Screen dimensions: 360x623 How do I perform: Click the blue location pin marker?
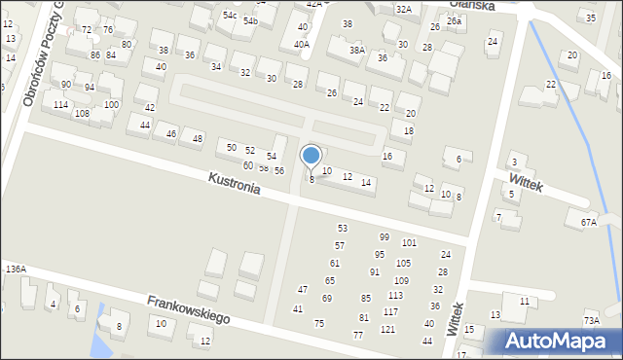click(x=311, y=156)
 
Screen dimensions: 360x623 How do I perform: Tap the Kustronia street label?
click(x=234, y=183)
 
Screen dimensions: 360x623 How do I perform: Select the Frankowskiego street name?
click(x=188, y=309)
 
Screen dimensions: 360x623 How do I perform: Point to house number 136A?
click(x=15, y=269)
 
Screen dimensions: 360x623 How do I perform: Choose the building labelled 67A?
click(x=588, y=222)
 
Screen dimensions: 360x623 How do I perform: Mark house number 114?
click(x=60, y=104)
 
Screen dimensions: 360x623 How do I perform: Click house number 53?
click(x=342, y=228)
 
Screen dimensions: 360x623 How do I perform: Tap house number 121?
click(x=387, y=330)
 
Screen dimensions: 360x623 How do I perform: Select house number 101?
click(x=409, y=242)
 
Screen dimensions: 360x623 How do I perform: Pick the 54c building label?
click(x=230, y=16)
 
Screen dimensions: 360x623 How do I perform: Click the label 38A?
click(x=357, y=50)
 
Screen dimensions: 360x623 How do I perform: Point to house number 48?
click(x=198, y=138)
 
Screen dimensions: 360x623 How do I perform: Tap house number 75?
click(x=318, y=323)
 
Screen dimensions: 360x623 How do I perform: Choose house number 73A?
click(x=591, y=321)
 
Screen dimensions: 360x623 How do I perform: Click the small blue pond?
click(x=99, y=340)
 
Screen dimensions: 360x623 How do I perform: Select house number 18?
click(x=409, y=130)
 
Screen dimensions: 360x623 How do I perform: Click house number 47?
click(x=303, y=289)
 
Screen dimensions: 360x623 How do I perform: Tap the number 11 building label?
click(x=524, y=302)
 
